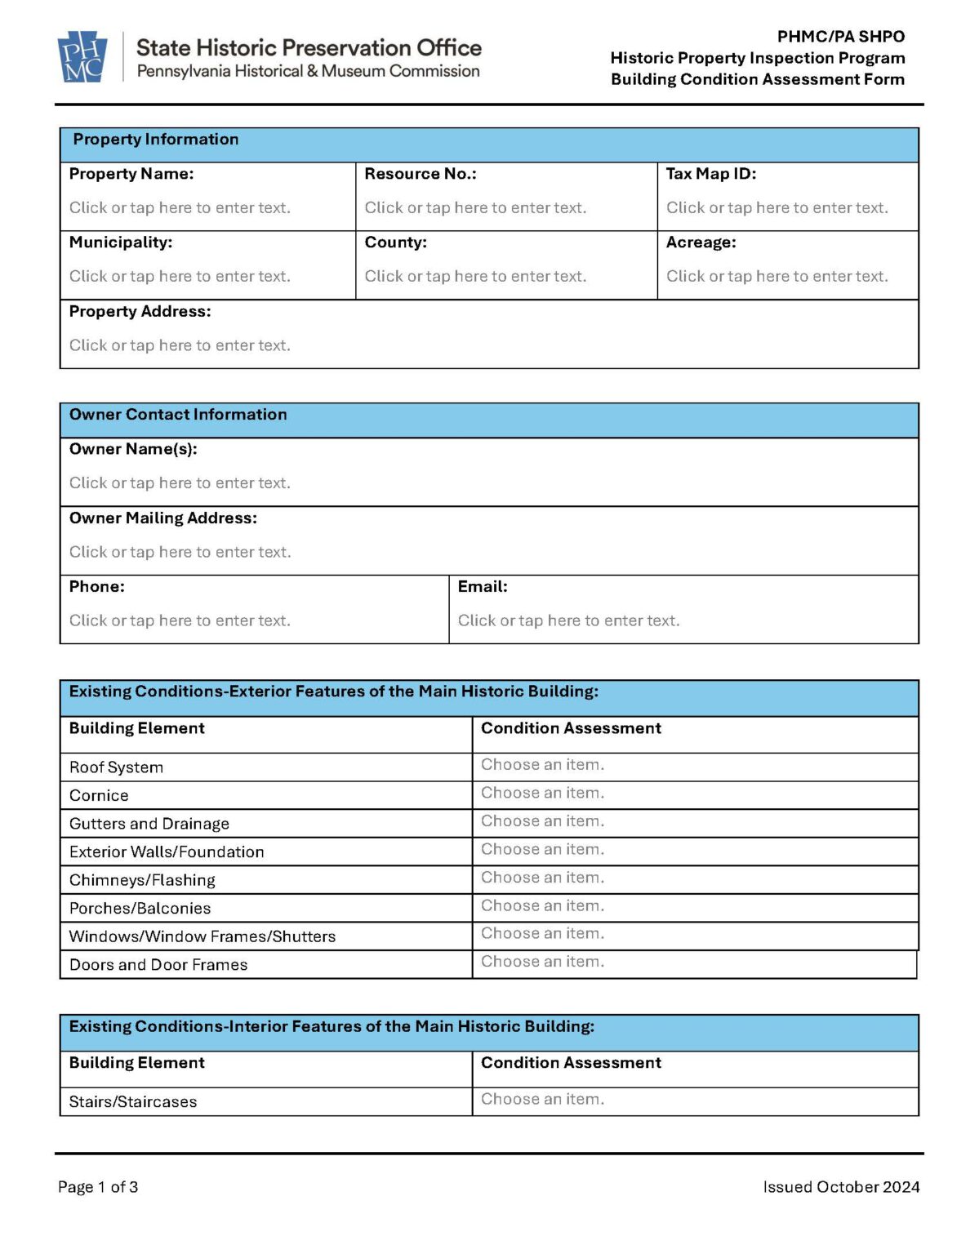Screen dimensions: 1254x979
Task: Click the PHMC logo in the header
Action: pos(82,56)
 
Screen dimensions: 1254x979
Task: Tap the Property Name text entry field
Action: pos(180,208)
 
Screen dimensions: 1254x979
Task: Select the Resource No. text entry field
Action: pos(475,208)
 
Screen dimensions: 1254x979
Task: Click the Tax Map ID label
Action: pos(710,174)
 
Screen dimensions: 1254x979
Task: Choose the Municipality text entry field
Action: pos(180,277)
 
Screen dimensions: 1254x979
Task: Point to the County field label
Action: pos(395,242)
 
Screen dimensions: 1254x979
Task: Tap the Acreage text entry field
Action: pos(777,277)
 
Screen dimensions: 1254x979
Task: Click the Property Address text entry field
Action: pos(180,345)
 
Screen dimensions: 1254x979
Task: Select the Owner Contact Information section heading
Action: pos(178,415)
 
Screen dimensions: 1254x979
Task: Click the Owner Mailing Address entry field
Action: pos(180,552)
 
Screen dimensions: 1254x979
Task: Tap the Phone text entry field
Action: pos(180,620)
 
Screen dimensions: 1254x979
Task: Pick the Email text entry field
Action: pos(568,620)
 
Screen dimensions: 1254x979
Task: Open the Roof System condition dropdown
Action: pos(542,765)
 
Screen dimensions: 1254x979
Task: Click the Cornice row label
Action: pos(99,795)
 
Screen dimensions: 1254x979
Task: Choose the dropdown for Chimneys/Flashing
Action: pos(542,878)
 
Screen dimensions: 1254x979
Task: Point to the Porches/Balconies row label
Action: pos(140,908)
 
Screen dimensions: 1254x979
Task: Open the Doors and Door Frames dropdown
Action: pos(542,962)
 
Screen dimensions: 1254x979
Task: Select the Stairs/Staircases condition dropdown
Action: pos(542,1100)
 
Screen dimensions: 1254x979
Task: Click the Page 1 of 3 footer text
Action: pos(98,1187)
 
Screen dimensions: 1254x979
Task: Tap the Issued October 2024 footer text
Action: pos(841,1187)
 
